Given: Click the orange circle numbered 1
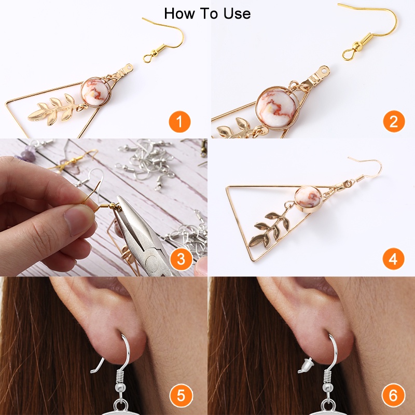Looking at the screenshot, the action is point(179,122).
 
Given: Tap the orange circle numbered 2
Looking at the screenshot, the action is point(394,121).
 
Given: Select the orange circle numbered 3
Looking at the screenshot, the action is point(181,259).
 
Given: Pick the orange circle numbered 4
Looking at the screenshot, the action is point(393,258).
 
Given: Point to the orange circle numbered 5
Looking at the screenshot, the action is point(181,395).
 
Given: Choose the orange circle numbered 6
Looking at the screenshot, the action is point(393,395).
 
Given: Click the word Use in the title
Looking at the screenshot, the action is point(237,14).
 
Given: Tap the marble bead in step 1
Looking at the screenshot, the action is point(95,92).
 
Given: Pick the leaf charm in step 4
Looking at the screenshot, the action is point(269,226).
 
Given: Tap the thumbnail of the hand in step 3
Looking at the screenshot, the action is point(79,220).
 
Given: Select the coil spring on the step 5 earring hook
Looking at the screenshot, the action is point(121,377).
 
